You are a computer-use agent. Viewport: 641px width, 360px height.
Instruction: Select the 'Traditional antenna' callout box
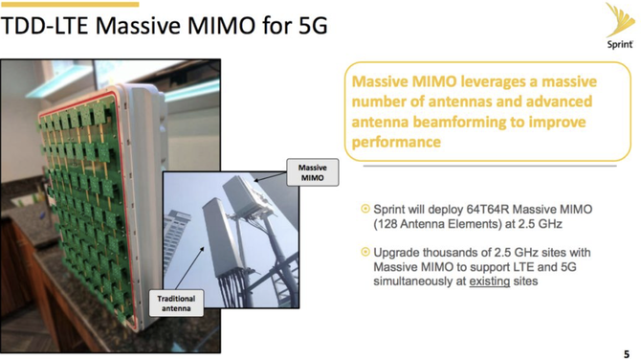pos(176,304)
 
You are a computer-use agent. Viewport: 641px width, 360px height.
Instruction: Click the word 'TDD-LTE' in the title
pos(43,25)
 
